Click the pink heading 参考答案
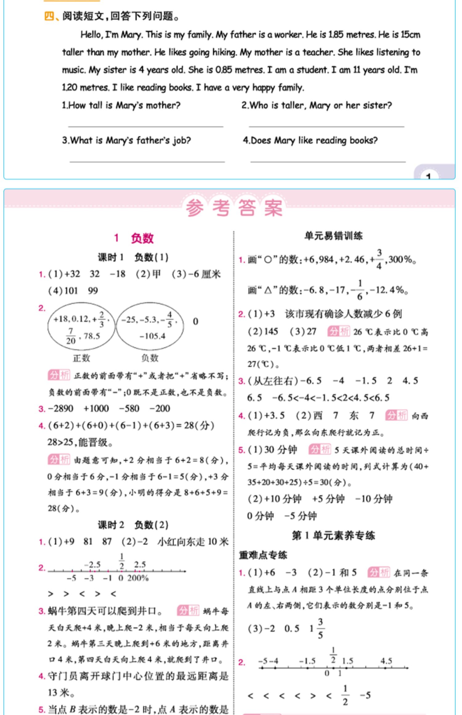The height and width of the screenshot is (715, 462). click(234, 208)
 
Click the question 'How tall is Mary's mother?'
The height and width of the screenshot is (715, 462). click(121, 106)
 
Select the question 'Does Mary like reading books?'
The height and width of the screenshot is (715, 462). click(310, 141)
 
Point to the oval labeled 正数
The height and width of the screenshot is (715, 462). click(81, 327)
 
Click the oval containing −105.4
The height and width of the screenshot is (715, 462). click(150, 327)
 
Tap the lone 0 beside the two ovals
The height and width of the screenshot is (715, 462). click(195, 321)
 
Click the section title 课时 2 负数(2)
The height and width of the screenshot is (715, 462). click(133, 525)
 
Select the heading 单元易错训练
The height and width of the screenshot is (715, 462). click(333, 236)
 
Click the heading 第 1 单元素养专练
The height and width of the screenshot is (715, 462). click(333, 535)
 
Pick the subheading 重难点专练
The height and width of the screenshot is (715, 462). click(263, 555)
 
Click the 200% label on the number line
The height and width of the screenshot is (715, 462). click(138, 578)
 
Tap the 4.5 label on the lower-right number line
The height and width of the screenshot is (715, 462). click(386, 661)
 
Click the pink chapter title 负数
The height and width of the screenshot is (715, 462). click(142, 238)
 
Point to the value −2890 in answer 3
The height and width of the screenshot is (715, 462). click(61, 409)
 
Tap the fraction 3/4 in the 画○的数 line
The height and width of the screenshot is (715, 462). click(379, 259)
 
